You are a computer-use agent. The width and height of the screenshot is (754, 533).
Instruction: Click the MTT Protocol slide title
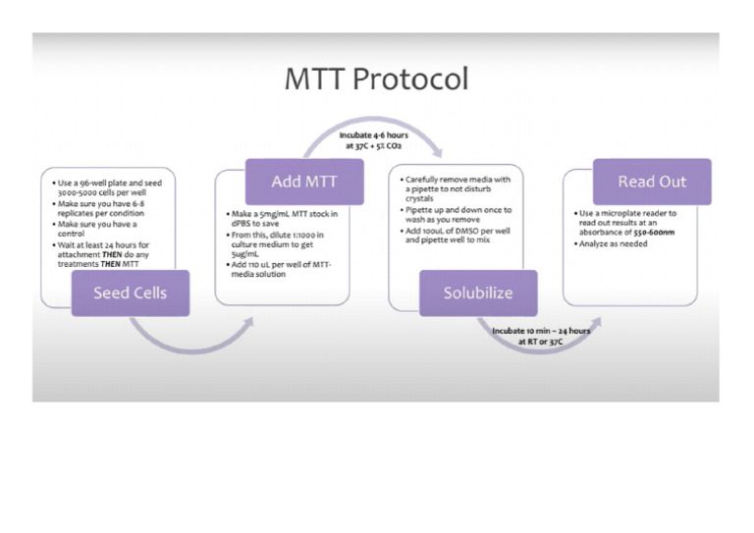(x=376, y=79)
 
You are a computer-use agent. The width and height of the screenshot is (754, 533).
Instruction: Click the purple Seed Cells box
(x=130, y=293)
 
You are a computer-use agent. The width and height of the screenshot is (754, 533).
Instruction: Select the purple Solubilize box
(x=477, y=293)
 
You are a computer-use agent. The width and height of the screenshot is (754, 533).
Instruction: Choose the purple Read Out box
(x=651, y=183)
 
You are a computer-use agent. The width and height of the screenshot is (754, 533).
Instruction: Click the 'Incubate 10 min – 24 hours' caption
(x=541, y=336)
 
